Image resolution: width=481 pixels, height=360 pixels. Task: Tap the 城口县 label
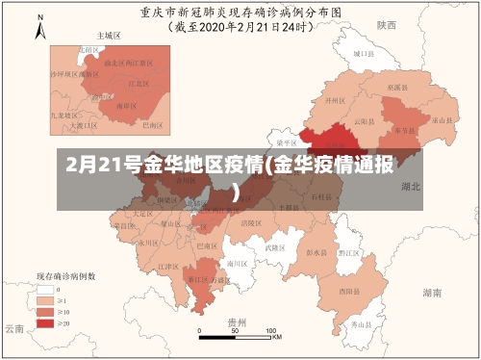[362, 55]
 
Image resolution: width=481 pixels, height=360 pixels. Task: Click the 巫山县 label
[440, 119]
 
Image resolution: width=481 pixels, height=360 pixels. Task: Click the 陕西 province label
[387, 24]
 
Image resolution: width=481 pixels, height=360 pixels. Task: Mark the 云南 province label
[13, 328]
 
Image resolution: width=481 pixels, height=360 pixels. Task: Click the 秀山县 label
[361, 325]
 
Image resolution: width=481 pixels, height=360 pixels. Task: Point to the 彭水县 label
[314, 252]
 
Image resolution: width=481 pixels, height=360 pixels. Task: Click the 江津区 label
[166, 266]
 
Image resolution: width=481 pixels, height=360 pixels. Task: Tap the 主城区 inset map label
[109, 35]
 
